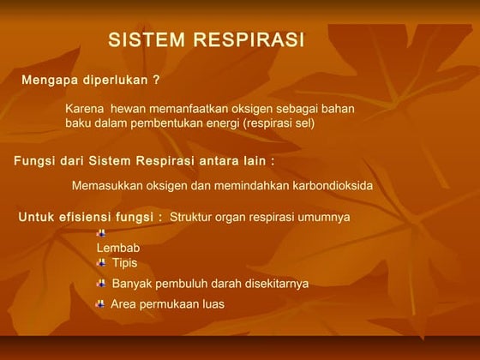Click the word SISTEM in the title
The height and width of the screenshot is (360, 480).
tap(147, 40)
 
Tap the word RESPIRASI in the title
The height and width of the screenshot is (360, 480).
tap(249, 40)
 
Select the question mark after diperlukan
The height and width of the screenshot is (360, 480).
tap(156, 81)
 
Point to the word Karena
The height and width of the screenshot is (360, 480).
tap(84, 110)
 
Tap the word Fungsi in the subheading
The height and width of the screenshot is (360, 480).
tap(35, 160)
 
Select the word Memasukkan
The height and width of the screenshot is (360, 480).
tap(107, 186)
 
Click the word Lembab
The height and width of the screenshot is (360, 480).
tap(118, 249)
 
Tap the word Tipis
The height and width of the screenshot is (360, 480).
tap(124, 263)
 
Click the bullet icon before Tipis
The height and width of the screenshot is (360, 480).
tap(102, 262)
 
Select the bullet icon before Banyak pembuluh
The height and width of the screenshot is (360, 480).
tap(102, 284)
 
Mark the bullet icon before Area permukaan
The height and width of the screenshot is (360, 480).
tap(101, 303)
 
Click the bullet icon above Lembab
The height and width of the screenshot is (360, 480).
tap(101, 233)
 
